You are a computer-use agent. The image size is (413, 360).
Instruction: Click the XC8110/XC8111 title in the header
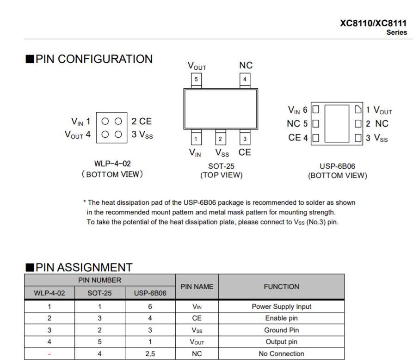[x=373, y=23]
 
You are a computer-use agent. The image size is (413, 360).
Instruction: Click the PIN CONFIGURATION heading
[x=89, y=59]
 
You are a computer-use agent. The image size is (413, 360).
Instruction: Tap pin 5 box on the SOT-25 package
[x=196, y=79]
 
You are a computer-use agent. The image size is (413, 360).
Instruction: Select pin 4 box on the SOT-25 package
[x=245, y=79]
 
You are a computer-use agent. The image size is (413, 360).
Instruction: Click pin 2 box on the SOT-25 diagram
[x=220, y=139]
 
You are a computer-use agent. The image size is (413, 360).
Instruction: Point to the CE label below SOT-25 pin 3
[x=245, y=152]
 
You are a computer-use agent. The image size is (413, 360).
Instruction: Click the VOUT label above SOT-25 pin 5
[x=197, y=66]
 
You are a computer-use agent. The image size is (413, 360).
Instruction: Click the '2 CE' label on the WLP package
[x=142, y=122]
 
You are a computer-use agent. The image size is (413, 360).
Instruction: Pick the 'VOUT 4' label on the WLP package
[x=78, y=135]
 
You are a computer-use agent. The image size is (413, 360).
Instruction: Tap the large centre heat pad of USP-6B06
[x=337, y=123]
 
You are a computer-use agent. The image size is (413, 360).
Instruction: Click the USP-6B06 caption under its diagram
[x=338, y=166]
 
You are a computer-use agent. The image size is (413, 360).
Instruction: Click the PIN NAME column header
[x=197, y=287]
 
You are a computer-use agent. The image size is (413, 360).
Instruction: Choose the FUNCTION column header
[x=281, y=287]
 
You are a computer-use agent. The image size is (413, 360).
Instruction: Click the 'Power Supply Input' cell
[x=281, y=306]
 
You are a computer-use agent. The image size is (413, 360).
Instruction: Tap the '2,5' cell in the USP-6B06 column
[x=149, y=354]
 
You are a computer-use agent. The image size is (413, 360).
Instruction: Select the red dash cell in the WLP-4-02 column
[x=49, y=354]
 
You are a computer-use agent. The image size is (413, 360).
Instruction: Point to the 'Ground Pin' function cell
[x=281, y=330]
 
